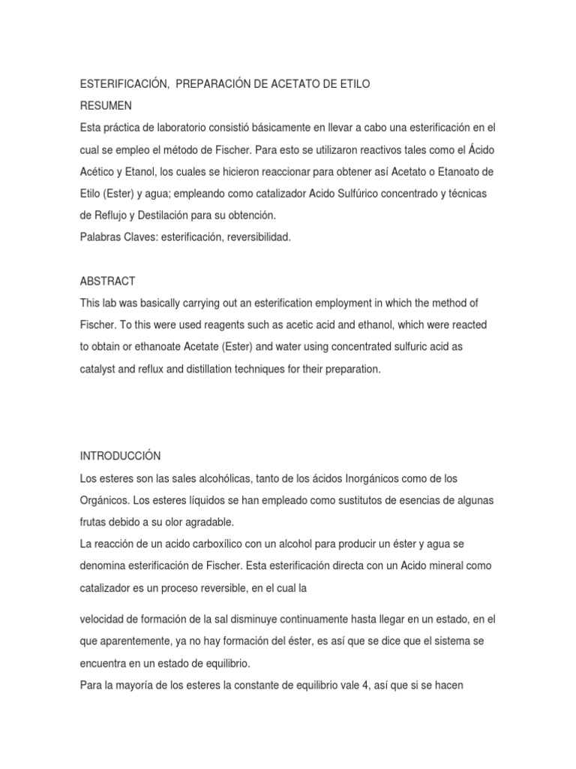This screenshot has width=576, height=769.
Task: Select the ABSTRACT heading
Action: [107, 281]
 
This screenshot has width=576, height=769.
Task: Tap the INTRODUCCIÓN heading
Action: [120, 456]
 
